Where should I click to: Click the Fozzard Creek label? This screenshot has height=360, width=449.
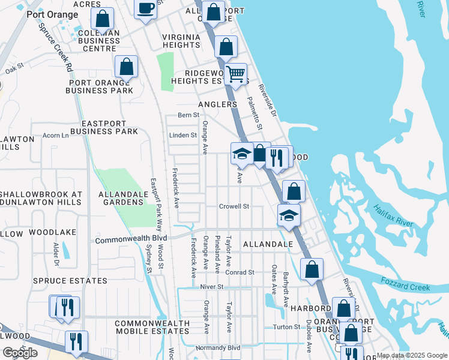(406, 284)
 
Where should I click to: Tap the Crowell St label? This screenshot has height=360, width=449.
(234, 206)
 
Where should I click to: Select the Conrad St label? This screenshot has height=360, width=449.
(240, 272)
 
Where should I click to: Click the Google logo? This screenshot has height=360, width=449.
(20, 353)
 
